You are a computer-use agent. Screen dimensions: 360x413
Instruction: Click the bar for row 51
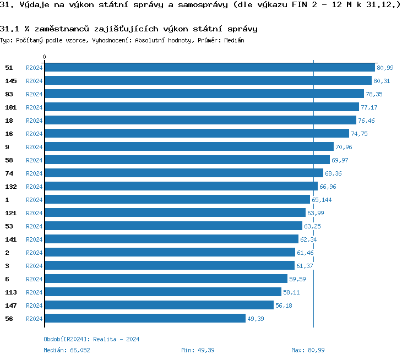click(210, 67)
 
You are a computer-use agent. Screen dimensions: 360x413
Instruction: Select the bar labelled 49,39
click(145, 318)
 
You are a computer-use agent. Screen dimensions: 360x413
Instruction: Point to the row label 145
click(11, 80)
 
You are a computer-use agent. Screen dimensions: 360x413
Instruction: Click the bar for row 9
click(189, 146)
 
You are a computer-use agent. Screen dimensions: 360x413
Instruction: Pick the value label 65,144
click(322, 200)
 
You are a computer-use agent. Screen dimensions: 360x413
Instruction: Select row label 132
click(11, 186)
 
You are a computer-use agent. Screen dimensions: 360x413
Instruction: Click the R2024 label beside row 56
click(34, 319)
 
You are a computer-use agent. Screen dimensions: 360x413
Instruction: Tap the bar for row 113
click(163, 292)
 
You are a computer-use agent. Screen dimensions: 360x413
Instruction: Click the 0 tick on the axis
click(45, 57)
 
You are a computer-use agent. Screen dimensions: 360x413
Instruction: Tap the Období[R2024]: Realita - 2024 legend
click(91, 339)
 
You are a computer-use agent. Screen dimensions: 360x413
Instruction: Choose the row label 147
click(11, 305)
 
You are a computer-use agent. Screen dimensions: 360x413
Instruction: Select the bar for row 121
click(175, 212)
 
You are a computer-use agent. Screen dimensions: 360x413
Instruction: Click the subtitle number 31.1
click(9, 28)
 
